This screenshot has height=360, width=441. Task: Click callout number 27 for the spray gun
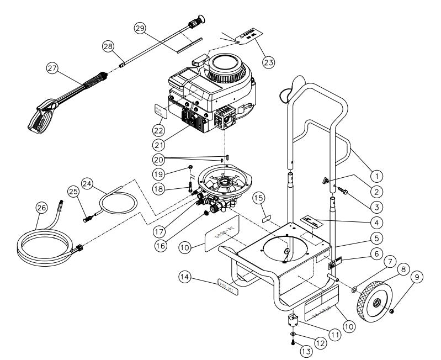tap(52, 68)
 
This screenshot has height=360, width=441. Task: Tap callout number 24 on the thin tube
tap(87, 183)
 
